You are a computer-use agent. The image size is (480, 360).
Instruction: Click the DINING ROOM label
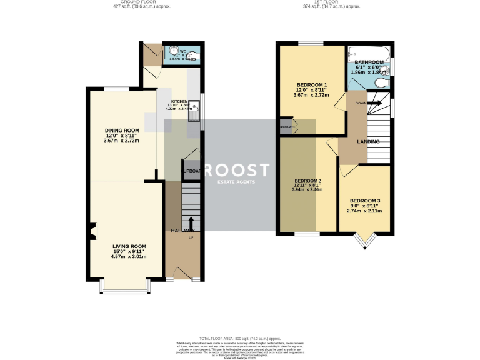[121, 131]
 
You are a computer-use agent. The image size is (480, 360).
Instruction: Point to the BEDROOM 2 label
[307, 181]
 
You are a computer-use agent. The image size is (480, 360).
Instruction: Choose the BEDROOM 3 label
[364, 201]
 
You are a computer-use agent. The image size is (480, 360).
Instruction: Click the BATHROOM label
[369, 62]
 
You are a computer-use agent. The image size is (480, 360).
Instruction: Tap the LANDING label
[369, 142]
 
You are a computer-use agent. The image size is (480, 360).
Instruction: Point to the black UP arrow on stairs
[191, 224]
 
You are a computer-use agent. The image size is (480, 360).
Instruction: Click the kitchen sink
[195, 109]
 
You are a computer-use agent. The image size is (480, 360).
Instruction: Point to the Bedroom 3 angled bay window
[364, 239]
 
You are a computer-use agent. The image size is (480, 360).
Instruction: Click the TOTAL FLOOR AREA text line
[240, 337]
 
